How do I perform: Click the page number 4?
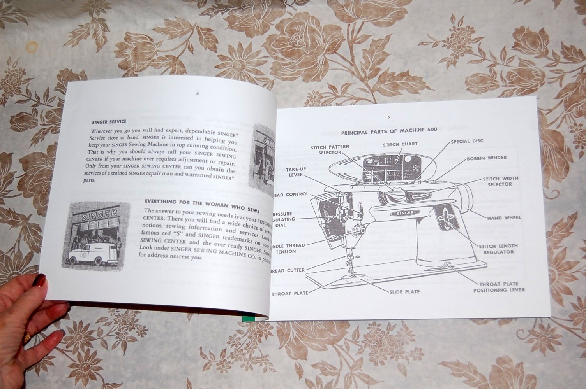pyautogui.click(x=198, y=93)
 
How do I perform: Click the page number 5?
pyautogui.click(x=388, y=117)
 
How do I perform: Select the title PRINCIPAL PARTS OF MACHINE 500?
pyautogui.click(x=389, y=131)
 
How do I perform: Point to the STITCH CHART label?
pyautogui.click(x=400, y=144)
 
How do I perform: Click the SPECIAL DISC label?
pyautogui.click(x=467, y=141)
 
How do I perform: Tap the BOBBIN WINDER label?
pyautogui.click(x=486, y=158)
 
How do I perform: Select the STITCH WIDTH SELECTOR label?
pyautogui.click(x=500, y=181)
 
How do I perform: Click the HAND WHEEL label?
pyautogui.click(x=504, y=218)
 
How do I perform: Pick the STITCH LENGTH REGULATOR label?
pyautogui.click(x=498, y=249)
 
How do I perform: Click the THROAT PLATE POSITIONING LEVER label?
pyautogui.click(x=499, y=287)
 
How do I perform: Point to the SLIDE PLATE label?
pyautogui.click(x=404, y=291)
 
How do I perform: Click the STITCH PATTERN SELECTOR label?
pyautogui.click(x=330, y=150)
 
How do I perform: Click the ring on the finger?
pyautogui.click(x=27, y=338)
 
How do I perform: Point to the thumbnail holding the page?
pyautogui.click(x=40, y=279)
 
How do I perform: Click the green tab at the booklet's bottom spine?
pyautogui.click(x=247, y=318)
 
